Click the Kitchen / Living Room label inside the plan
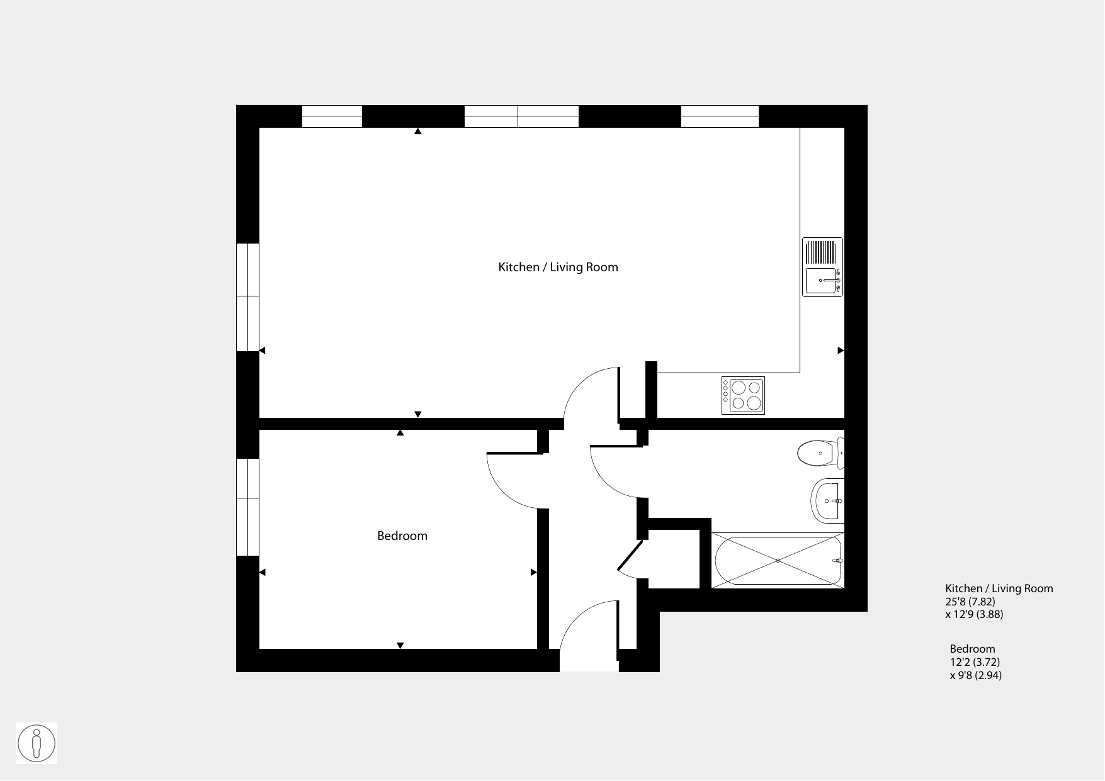(558, 267)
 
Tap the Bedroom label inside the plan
(402, 536)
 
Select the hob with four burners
(743, 395)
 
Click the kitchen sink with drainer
(822, 267)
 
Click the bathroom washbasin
(827, 501)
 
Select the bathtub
(778, 560)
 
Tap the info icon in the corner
(37, 743)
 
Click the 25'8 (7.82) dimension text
(970, 602)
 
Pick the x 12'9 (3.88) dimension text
(974, 614)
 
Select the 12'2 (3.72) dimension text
(975, 662)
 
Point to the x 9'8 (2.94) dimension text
(976, 675)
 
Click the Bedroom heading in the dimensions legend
(973, 649)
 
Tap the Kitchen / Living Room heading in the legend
(999, 588)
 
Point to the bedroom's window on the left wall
(247, 507)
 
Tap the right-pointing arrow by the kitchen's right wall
(841, 351)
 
